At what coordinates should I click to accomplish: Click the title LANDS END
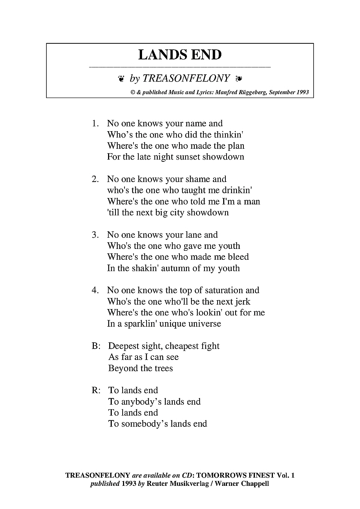point(180,55)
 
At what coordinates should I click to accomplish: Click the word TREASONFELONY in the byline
point(186,78)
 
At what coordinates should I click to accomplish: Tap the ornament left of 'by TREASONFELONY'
point(121,78)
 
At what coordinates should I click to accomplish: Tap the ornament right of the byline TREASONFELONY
point(239,78)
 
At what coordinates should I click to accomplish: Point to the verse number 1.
point(95,124)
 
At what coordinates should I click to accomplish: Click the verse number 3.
point(95,235)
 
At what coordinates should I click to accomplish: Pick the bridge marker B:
point(96,346)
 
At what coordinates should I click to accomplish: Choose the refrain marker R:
point(96,391)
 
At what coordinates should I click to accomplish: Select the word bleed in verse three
point(238,257)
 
